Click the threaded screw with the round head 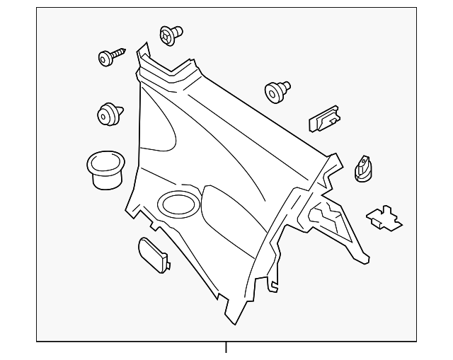click(x=111, y=56)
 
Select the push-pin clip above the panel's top click(x=171, y=35)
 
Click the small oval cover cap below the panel click(x=151, y=254)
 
